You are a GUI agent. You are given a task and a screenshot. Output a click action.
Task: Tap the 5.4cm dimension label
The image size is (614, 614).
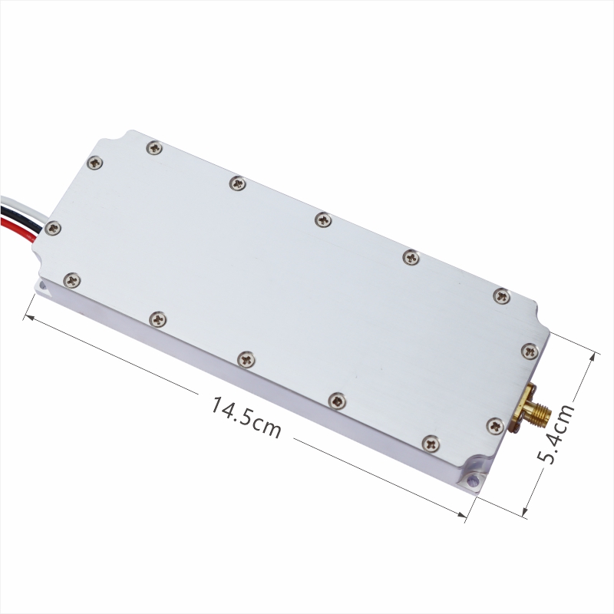(x=556, y=434)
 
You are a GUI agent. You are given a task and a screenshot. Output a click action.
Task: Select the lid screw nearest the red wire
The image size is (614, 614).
(x=53, y=228)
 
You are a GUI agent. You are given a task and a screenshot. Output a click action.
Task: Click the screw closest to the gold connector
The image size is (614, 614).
(x=495, y=426)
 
